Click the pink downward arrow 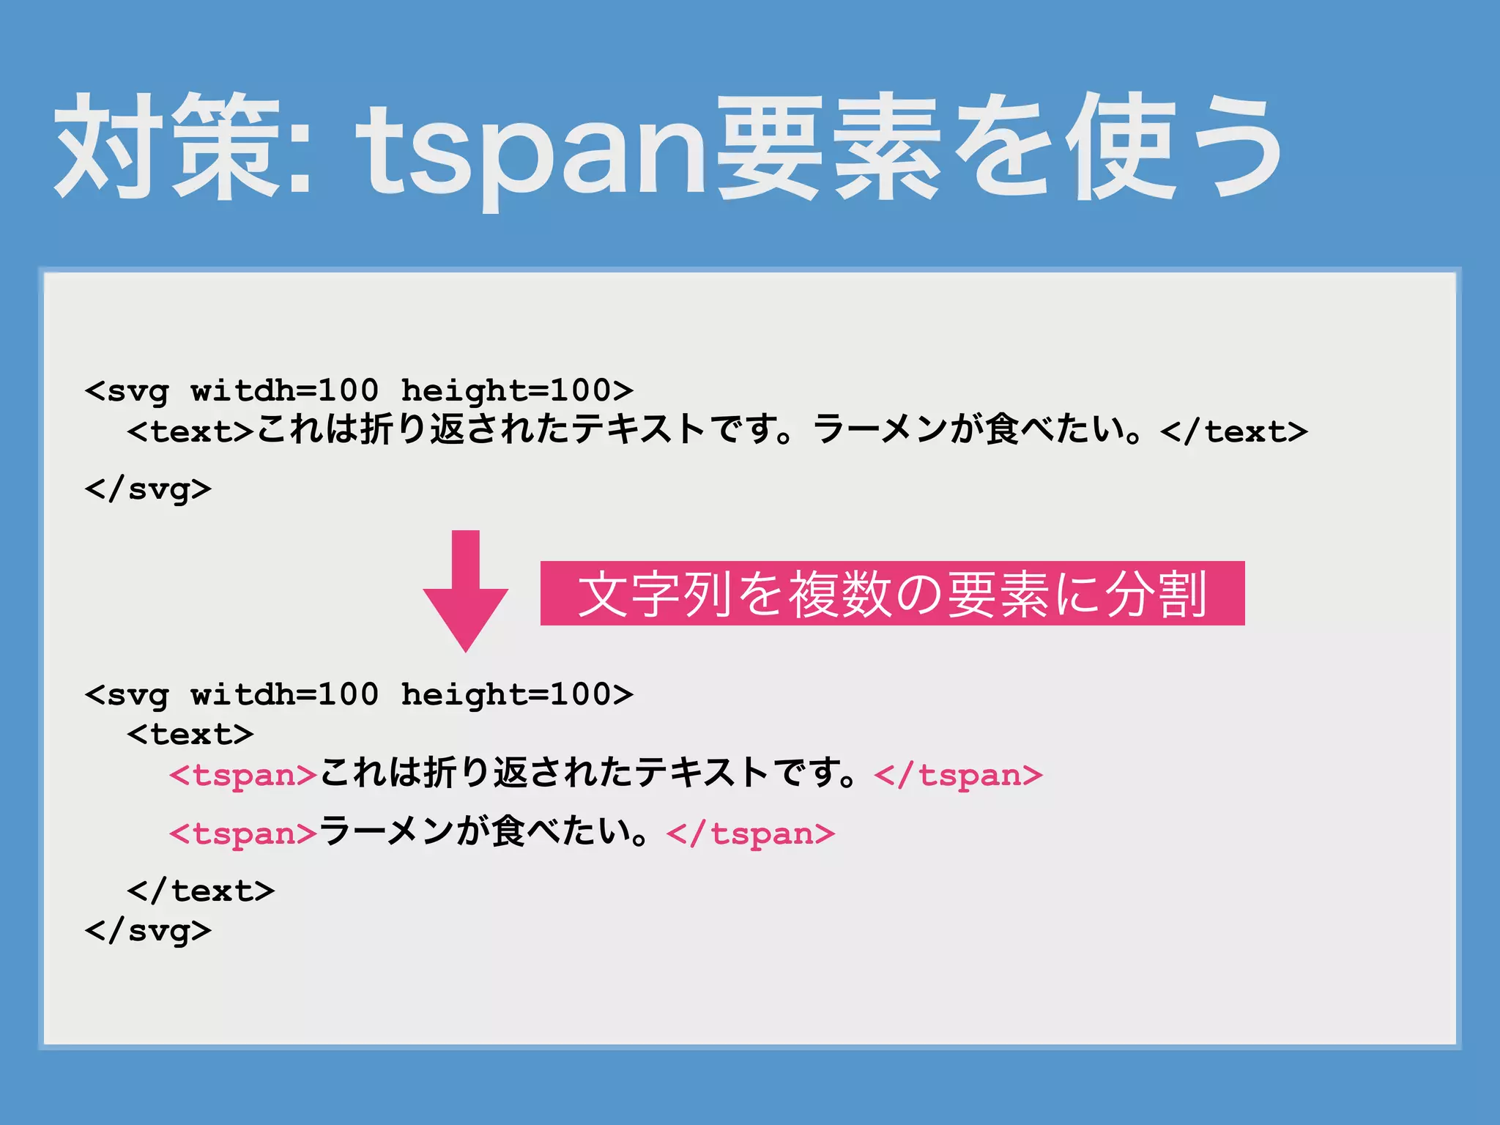click(466, 593)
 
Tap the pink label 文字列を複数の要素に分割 click(892, 593)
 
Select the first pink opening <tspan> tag click(243, 775)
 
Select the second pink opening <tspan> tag click(243, 833)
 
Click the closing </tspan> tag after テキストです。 click(958, 775)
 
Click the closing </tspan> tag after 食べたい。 click(751, 833)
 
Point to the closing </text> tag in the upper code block click(1234, 431)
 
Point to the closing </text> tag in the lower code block click(201, 891)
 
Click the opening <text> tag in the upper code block click(190, 431)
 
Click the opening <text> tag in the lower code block click(190, 734)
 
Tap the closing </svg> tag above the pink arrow click(148, 489)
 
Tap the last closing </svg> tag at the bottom click(148, 931)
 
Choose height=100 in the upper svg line click(516, 390)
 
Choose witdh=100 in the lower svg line click(285, 694)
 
